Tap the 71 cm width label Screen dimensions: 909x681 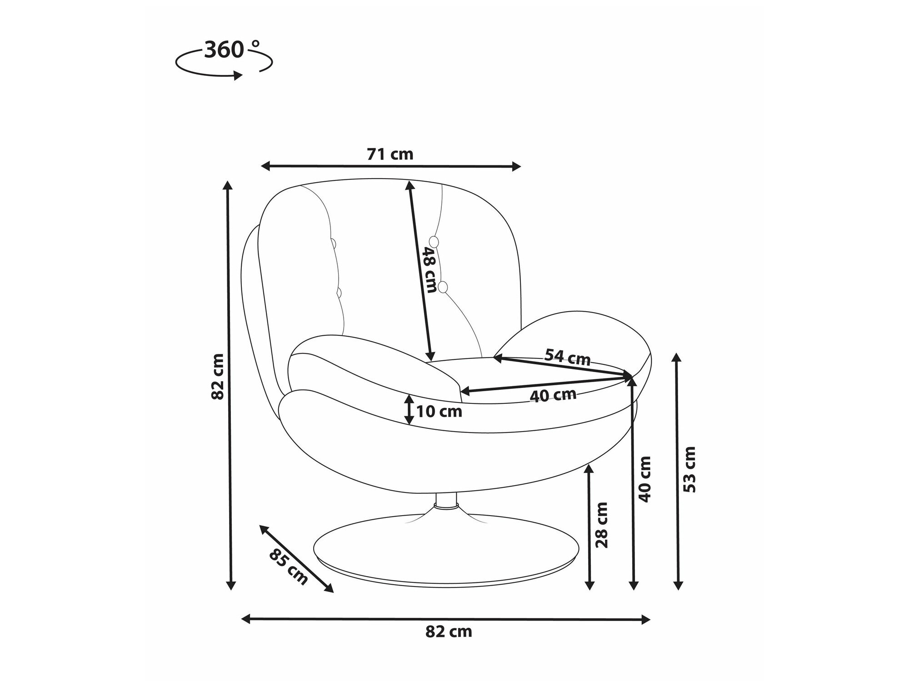(x=390, y=154)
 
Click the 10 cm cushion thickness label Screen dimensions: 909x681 (x=439, y=412)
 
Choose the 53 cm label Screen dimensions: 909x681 (x=690, y=469)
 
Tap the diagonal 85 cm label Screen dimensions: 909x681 (x=289, y=567)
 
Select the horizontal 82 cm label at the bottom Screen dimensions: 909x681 (x=449, y=632)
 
